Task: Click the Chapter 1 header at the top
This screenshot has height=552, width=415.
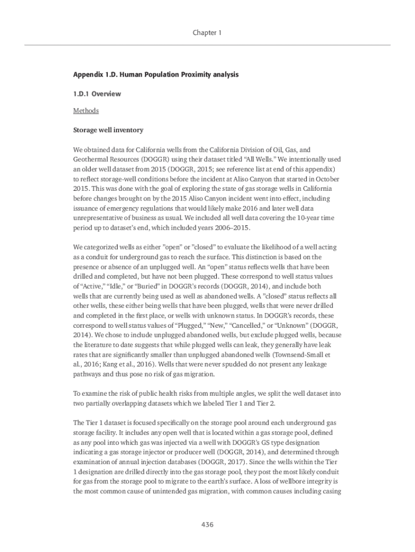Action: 207,33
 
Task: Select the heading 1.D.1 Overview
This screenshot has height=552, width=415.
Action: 97,94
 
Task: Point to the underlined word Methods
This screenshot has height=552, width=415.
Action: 86,111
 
